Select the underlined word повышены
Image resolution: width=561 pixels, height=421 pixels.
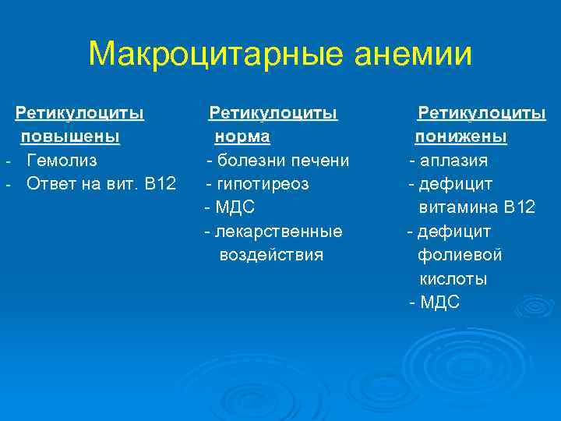point(70,137)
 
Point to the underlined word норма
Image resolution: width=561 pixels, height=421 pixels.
point(242,137)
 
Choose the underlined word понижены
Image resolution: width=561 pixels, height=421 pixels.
point(460,137)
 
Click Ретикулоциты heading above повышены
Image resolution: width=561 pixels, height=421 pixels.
point(80,114)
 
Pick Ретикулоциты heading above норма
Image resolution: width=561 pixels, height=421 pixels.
point(273,114)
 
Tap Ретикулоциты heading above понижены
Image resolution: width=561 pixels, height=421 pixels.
point(482,114)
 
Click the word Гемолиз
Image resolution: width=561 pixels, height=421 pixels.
point(62,161)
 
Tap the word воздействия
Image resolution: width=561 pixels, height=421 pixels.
point(271,254)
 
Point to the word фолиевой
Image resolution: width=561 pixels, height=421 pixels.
point(460,254)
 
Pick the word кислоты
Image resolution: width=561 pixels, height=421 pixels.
point(453,278)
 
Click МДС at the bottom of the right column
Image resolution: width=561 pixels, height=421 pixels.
point(440,302)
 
